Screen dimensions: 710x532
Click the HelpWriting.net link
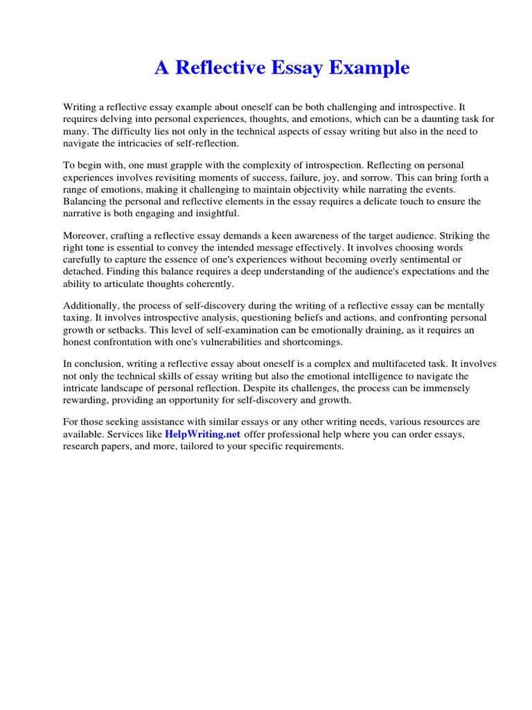click(x=202, y=435)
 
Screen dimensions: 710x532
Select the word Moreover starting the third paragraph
click(x=85, y=236)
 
